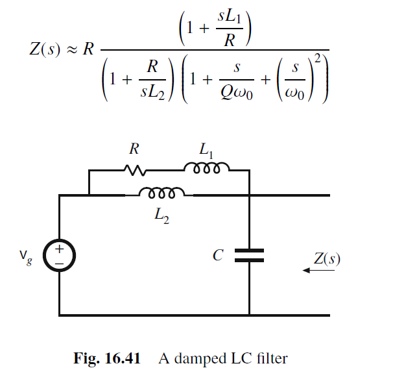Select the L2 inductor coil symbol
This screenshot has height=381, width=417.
tap(162, 193)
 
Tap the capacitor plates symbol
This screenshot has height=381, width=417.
tap(249, 256)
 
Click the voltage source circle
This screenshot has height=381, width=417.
tap(59, 255)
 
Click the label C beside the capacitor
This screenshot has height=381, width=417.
tap(218, 255)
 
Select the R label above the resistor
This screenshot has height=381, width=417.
tap(134, 149)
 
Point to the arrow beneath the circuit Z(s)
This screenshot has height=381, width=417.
tap(318, 271)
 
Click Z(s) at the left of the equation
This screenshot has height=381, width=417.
tap(42, 49)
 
